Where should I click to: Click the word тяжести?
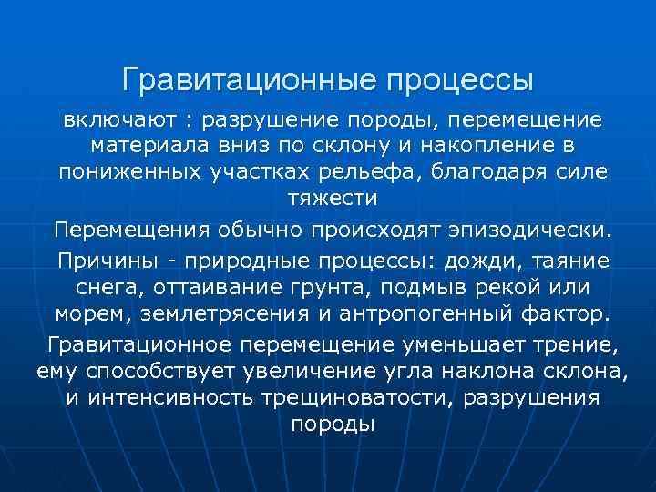327,197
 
